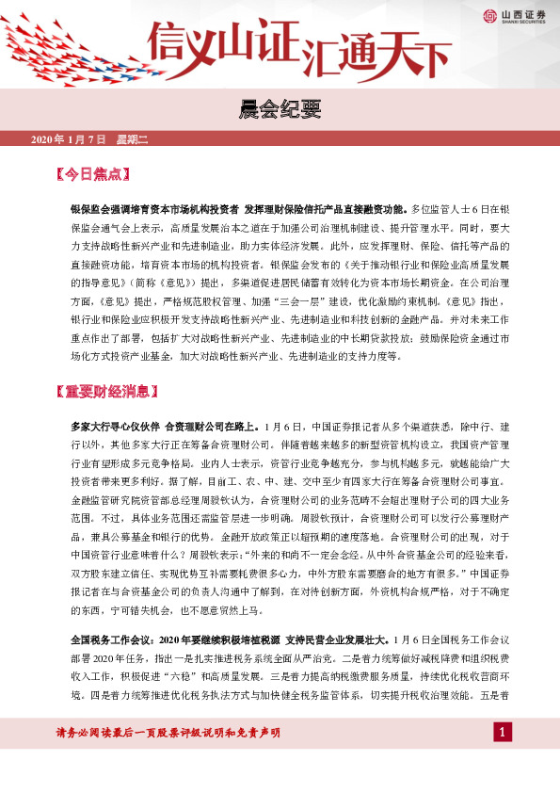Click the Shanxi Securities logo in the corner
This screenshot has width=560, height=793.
[489, 15]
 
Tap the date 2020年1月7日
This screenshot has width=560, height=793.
[71, 139]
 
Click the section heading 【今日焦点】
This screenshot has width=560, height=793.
[92, 174]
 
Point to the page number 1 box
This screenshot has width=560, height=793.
[504, 732]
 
